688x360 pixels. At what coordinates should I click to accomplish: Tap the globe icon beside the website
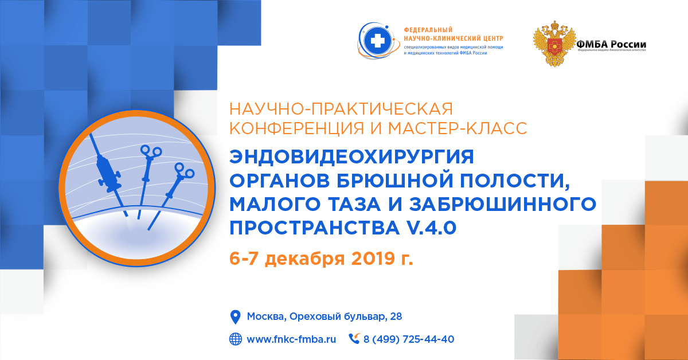click(235, 339)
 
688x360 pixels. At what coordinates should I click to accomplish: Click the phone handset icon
click(354, 339)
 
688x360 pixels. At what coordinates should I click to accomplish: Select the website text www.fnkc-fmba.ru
click(291, 339)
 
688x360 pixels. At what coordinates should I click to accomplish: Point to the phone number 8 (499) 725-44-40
click(409, 339)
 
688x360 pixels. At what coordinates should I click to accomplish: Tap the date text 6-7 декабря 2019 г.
click(321, 259)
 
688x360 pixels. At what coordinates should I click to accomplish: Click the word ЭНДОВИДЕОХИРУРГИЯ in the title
click(353, 156)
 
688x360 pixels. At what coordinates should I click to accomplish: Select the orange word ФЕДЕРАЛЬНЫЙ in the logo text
click(428, 30)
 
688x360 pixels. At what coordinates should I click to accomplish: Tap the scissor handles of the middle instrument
click(151, 151)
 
